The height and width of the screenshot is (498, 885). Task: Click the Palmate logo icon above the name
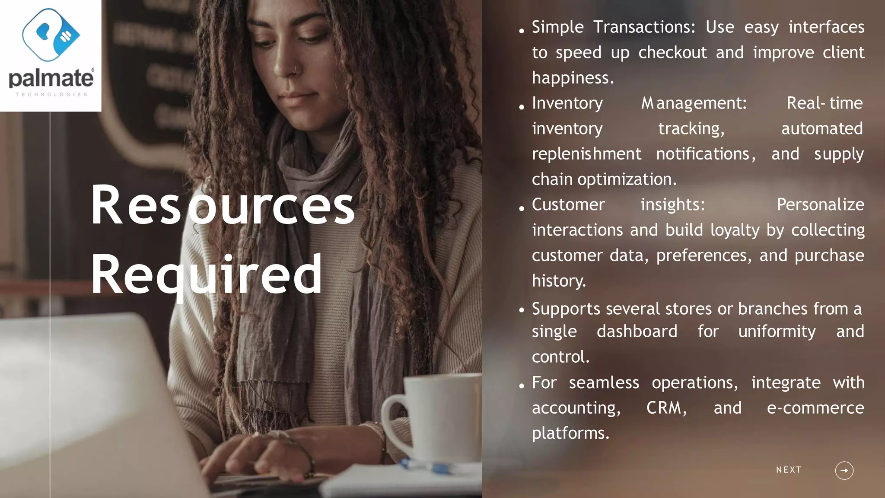point(51,35)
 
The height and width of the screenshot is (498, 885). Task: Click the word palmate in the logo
point(51,79)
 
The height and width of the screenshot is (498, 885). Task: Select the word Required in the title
point(207,275)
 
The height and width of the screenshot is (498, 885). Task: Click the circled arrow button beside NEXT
point(844,470)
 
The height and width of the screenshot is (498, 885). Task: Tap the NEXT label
point(789,470)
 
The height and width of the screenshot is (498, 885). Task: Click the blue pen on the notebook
point(428,467)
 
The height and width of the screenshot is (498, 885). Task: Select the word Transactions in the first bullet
point(644,27)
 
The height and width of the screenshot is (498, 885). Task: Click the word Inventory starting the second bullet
point(567,103)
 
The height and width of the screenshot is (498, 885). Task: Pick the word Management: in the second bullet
point(694,103)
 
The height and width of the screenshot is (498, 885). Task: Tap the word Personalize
point(820,204)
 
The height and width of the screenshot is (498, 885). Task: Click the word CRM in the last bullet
point(665,408)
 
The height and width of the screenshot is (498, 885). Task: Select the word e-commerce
point(815,408)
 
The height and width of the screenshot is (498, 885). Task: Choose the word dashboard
point(637,332)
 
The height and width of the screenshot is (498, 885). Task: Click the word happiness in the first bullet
point(572,78)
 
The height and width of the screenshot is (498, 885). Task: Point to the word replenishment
point(586,154)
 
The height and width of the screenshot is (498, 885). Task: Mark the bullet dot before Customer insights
point(522,208)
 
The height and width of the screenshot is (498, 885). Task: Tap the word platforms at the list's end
point(570,433)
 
